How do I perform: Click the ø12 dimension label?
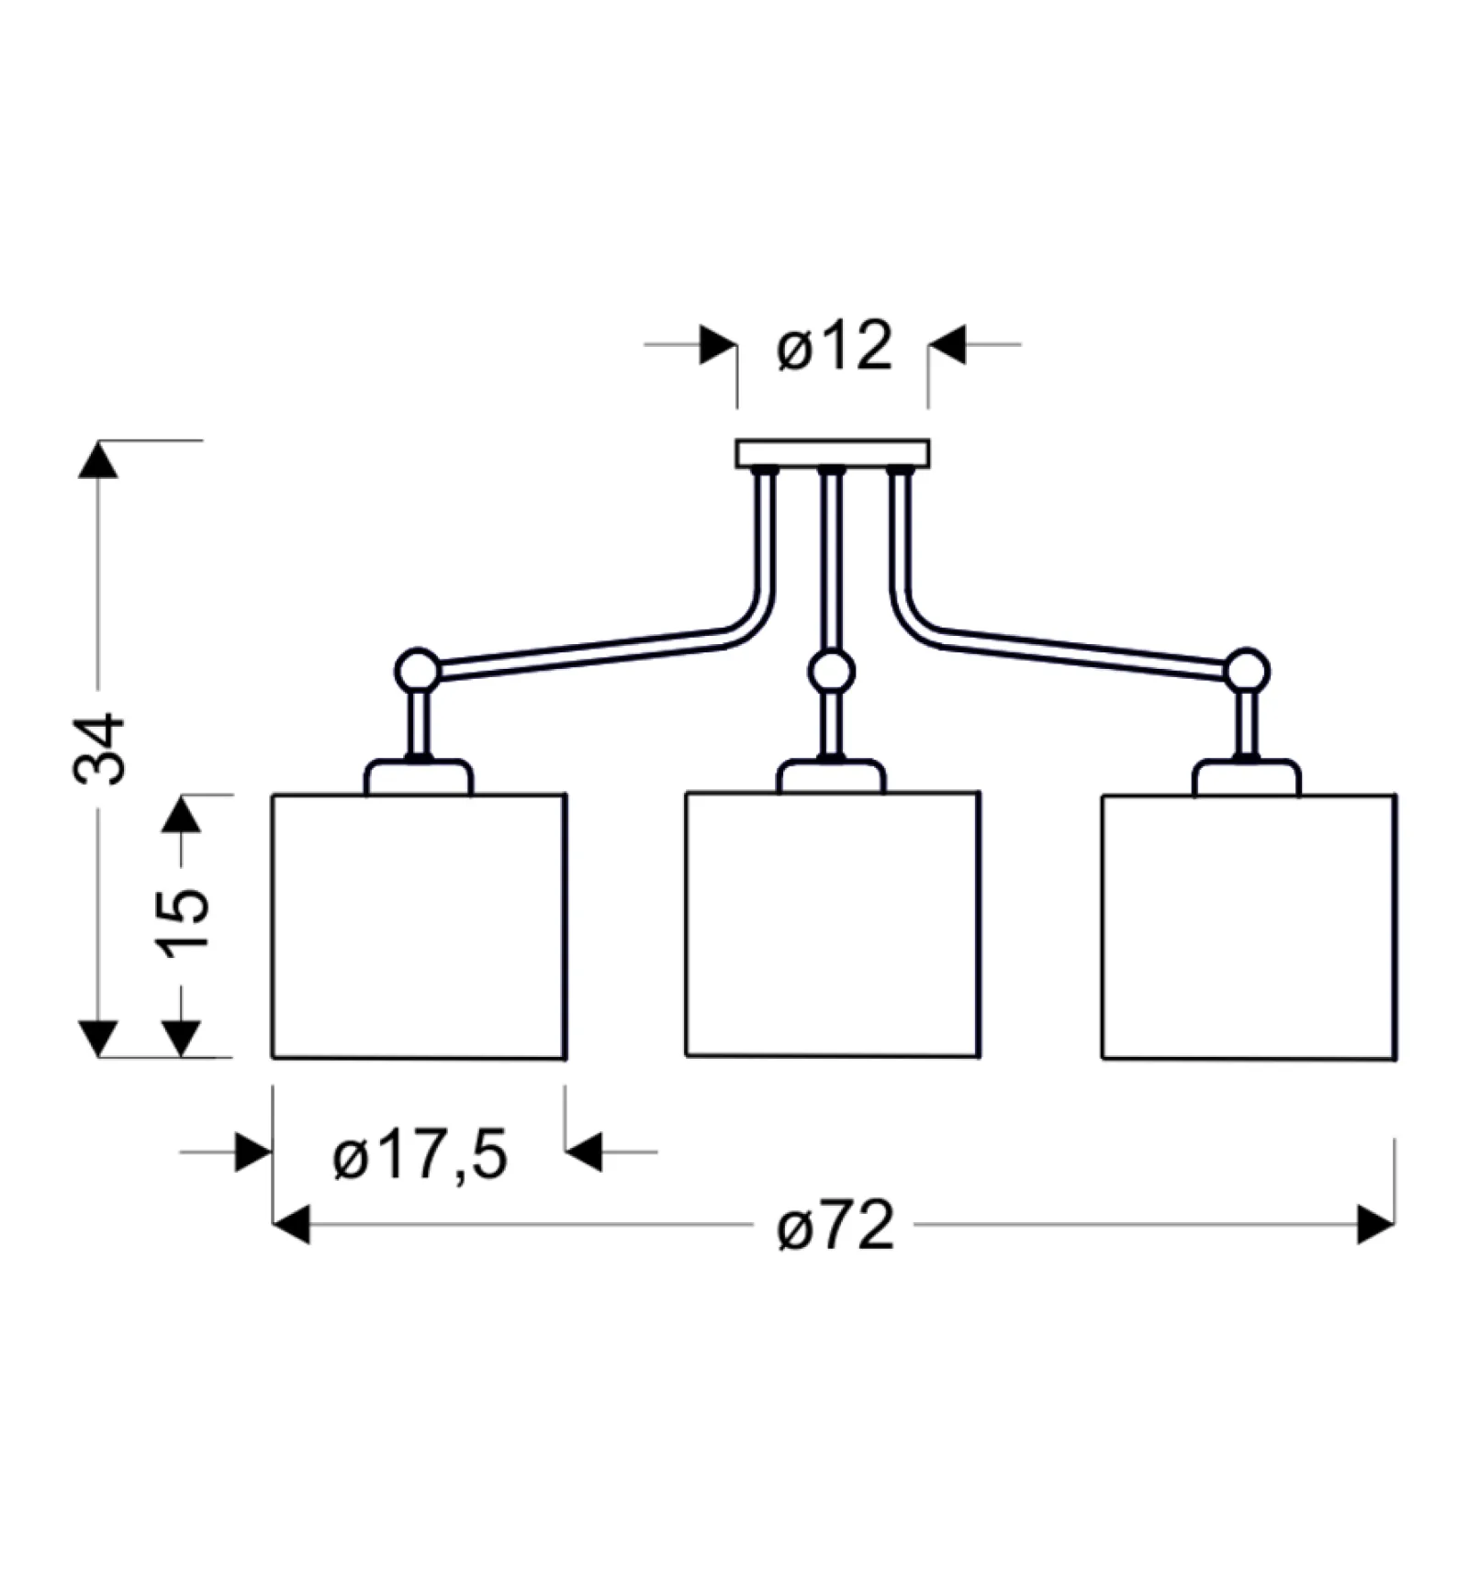coord(834,347)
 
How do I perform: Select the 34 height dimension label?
coord(98,749)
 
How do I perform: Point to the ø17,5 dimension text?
coord(420,1155)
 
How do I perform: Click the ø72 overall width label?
coord(835,1226)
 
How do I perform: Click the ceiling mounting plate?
coord(832,453)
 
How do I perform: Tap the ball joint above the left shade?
coord(418,670)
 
